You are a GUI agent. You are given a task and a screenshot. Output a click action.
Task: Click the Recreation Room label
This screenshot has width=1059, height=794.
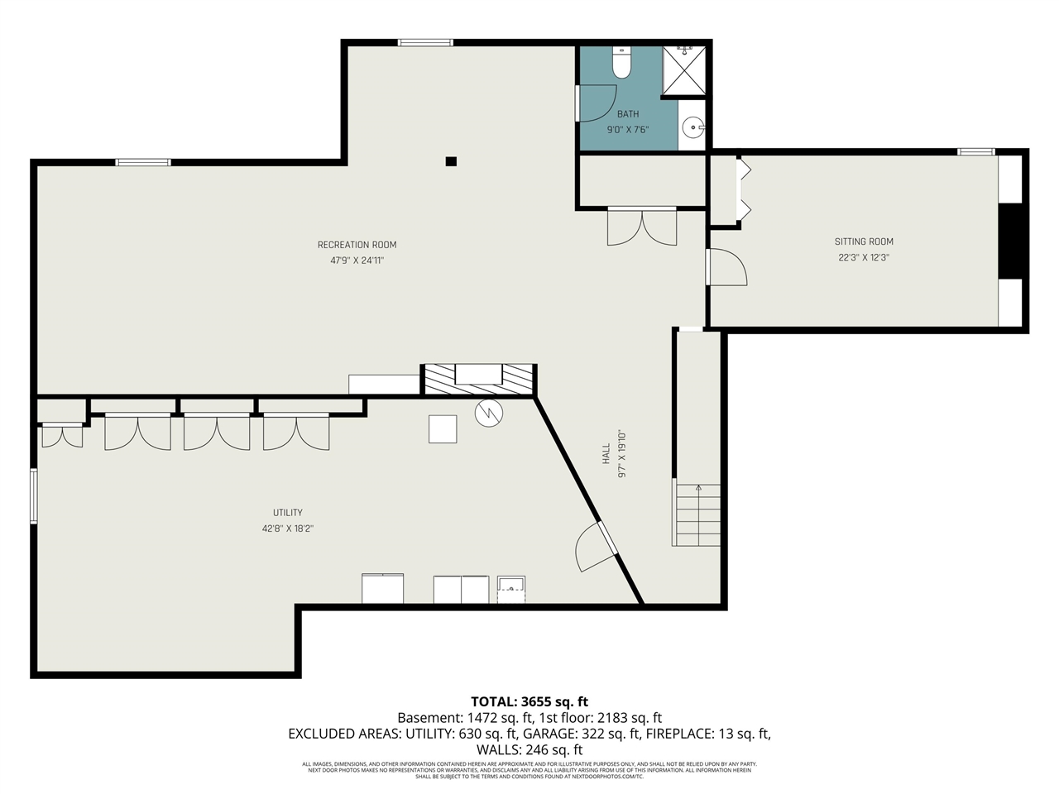[357, 245]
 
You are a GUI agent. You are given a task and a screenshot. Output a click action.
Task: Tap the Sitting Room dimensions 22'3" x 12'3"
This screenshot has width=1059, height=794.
[863, 257]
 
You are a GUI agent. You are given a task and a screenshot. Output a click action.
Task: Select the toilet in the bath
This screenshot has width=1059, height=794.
[621, 63]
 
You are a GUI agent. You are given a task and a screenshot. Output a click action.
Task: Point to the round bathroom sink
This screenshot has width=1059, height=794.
[693, 127]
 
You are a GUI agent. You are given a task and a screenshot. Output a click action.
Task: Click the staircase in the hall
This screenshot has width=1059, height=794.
[697, 514]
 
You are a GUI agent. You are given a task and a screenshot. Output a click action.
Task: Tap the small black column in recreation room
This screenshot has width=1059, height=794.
[451, 161]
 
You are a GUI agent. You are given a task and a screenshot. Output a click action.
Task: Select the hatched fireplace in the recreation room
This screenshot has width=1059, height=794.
[479, 379]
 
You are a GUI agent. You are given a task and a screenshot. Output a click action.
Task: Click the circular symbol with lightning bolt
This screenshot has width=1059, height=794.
[488, 413]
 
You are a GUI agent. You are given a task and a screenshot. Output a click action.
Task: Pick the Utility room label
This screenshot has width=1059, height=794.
[288, 513]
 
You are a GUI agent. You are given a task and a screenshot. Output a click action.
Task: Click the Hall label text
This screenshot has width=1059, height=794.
[606, 453]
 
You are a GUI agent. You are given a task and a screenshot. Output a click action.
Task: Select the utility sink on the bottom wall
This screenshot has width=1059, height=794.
[511, 589]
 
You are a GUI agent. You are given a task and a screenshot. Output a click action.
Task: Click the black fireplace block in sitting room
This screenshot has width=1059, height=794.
[1010, 241]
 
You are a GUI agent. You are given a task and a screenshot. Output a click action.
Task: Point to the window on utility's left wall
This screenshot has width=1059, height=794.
[34, 496]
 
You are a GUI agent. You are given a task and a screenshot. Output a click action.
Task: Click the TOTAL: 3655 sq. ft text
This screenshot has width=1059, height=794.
[529, 702]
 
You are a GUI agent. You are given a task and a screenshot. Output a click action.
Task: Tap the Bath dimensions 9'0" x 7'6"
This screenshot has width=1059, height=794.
[628, 129]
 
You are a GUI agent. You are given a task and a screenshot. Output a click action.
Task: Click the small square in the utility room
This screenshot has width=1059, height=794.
[443, 428]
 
